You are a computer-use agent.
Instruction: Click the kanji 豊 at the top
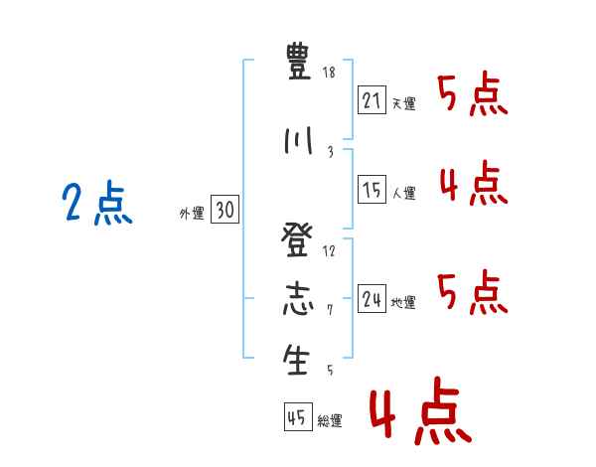tap(298, 61)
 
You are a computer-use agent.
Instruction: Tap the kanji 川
tap(298, 141)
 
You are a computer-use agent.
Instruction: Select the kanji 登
tap(297, 240)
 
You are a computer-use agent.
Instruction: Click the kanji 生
tap(296, 360)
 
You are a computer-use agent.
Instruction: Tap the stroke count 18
tap(329, 73)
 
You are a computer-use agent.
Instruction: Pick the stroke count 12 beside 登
tap(329, 251)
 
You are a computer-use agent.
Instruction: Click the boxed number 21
tap(372, 100)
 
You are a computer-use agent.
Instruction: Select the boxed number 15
tap(372, 189)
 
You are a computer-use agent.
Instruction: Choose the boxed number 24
tap(372, 298)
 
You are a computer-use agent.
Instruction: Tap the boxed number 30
tap(225, 209)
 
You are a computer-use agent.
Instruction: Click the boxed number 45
tap(298, 416)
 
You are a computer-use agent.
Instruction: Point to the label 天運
tap(403, 103)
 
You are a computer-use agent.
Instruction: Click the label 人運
tap(403, 193)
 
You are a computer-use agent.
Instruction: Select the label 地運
tap(403, 302)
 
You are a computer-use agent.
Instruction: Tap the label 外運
tap(192, 214)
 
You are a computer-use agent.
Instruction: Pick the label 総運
tap(330, 420)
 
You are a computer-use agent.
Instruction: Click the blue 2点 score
tap(97, 203)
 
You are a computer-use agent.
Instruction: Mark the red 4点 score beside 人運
tap(474, 183)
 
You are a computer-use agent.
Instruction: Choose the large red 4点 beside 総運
tap(421, 410)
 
